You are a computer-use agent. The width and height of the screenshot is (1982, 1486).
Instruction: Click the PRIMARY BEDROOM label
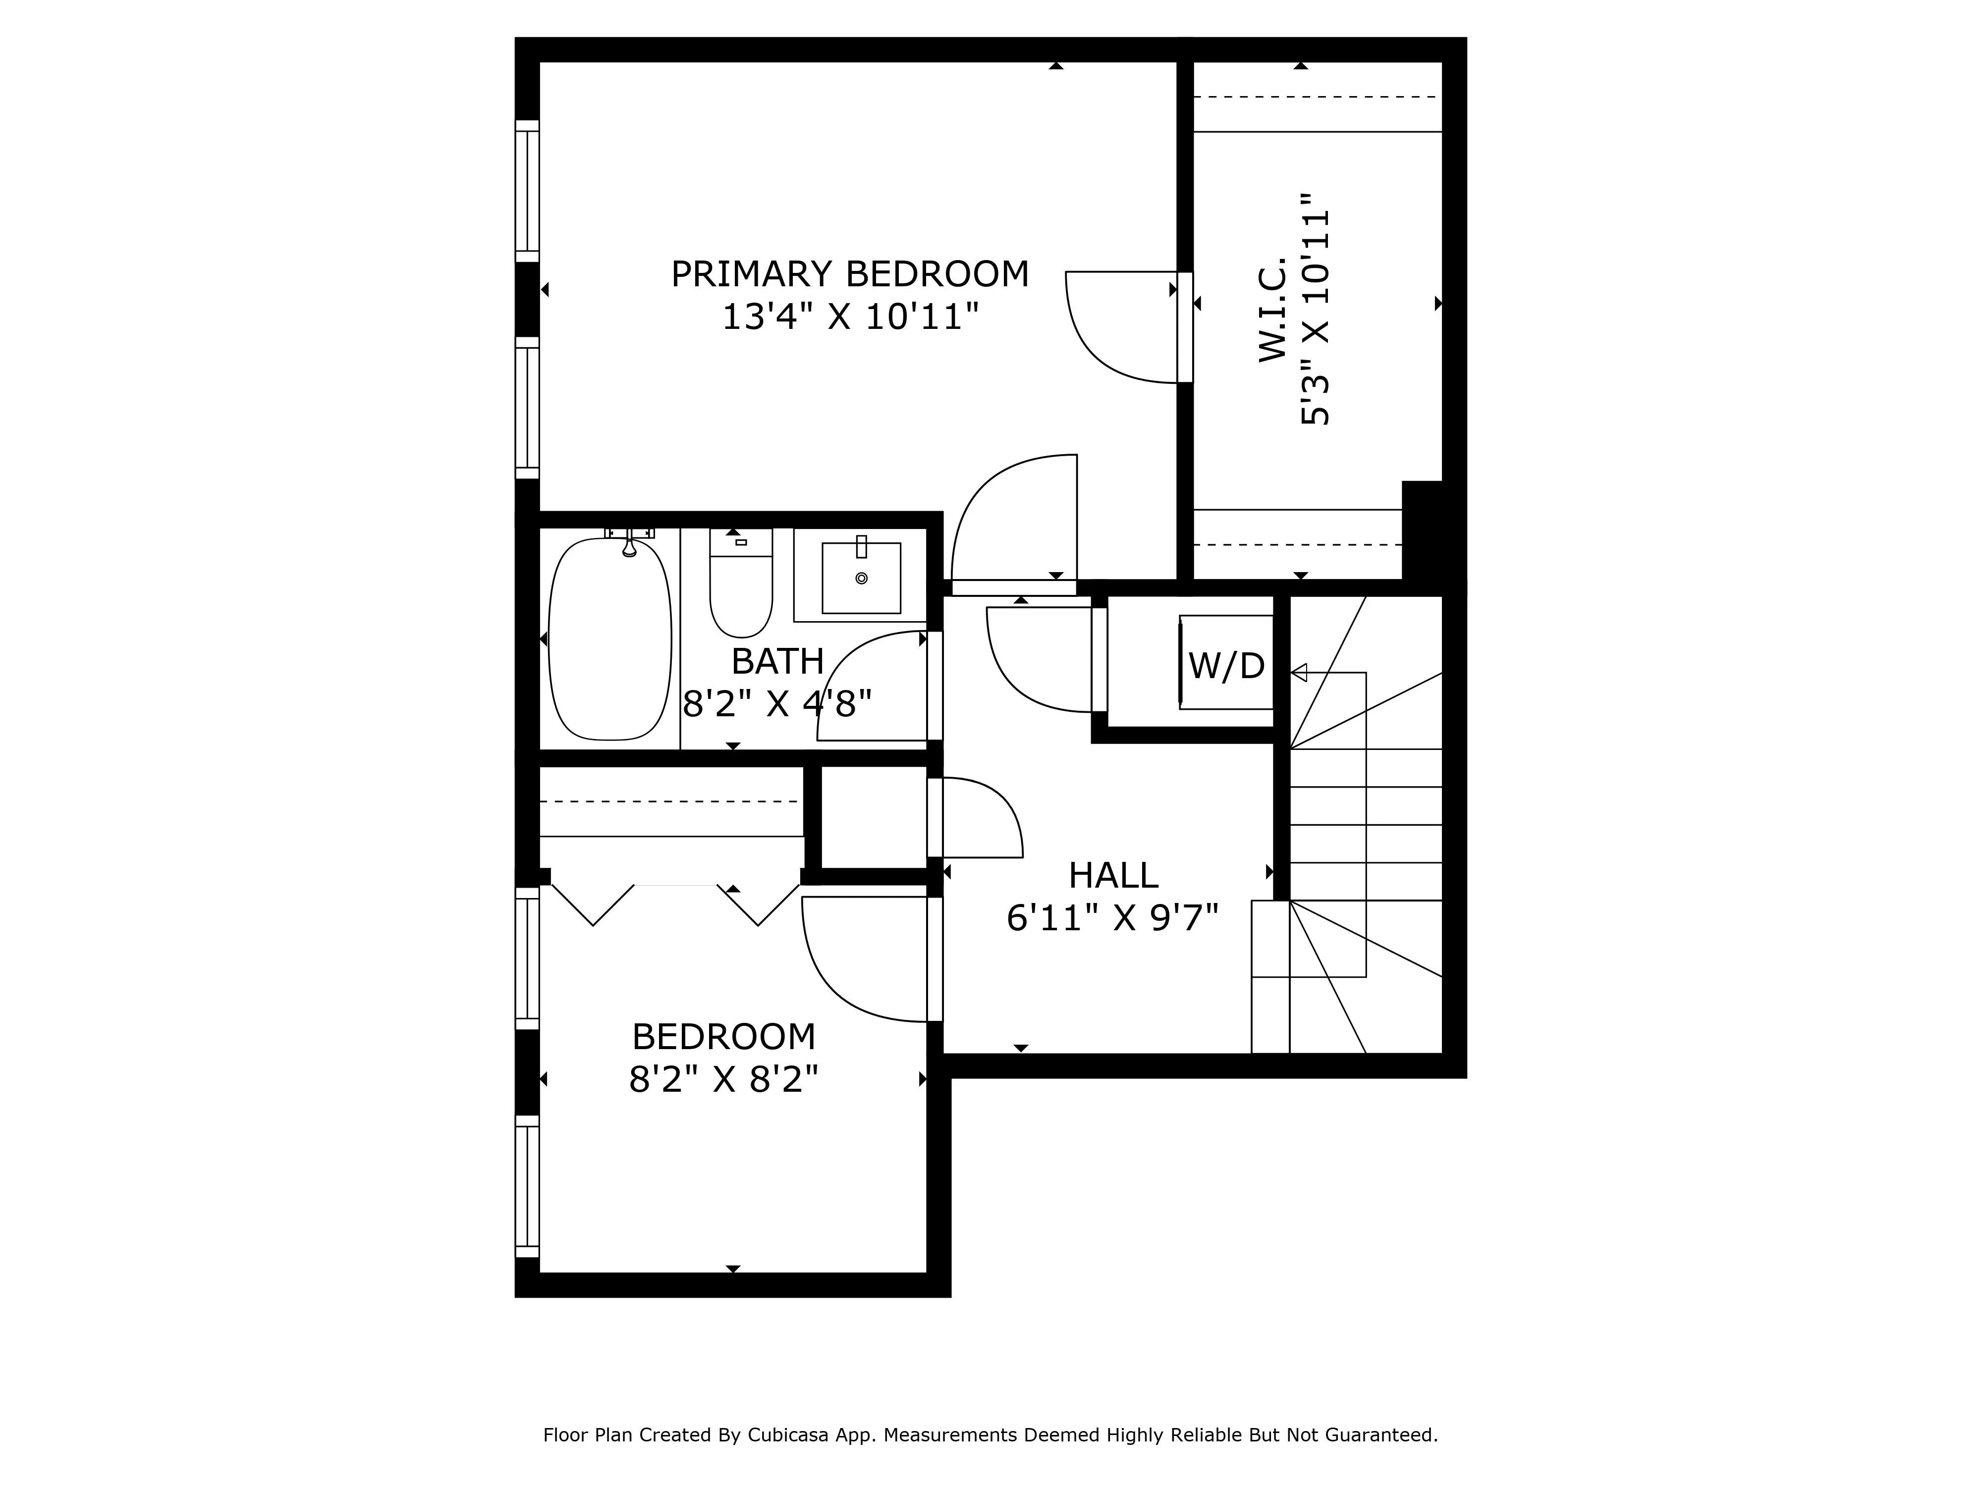(849, 274)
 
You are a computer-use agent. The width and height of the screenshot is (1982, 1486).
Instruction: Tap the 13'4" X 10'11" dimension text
(849, 317)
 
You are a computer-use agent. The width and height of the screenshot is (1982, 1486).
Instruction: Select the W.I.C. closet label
(1272, 310)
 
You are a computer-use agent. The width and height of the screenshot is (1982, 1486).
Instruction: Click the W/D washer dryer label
(1226, 666)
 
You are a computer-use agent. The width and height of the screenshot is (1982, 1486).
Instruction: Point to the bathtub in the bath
(609, 639)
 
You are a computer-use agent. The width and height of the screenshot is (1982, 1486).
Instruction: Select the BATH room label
(777, 662)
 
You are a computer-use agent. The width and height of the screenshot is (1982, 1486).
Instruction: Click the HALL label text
(1113, 875)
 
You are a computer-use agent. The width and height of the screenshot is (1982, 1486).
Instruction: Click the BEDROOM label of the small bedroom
(723, 1037)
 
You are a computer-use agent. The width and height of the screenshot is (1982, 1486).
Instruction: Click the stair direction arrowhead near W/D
(1298, 673)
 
